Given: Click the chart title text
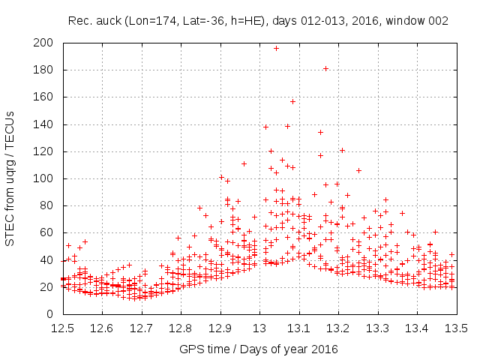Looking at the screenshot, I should tap(258, 21).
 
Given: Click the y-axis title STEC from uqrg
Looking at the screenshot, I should tap(10, 178).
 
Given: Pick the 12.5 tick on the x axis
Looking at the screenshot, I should tap(62, 328).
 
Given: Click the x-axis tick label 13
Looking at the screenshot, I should tap(259, 328).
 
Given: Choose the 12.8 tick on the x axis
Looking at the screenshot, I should tap(181, 328).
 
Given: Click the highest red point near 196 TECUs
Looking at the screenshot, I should tap(276, 48).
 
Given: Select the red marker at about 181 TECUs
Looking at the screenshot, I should tap(325, 68).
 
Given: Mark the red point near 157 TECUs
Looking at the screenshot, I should tap(292, 101).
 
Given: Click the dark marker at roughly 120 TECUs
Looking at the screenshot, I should tap(271, 151).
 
